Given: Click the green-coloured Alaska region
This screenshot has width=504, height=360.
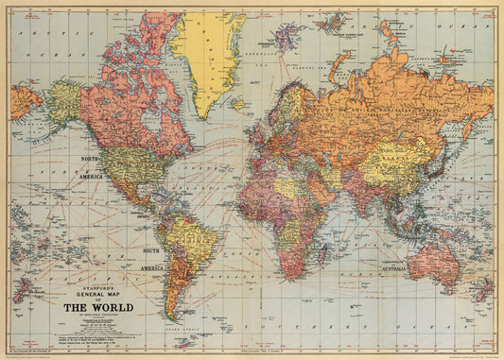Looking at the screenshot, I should pos(64,99).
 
